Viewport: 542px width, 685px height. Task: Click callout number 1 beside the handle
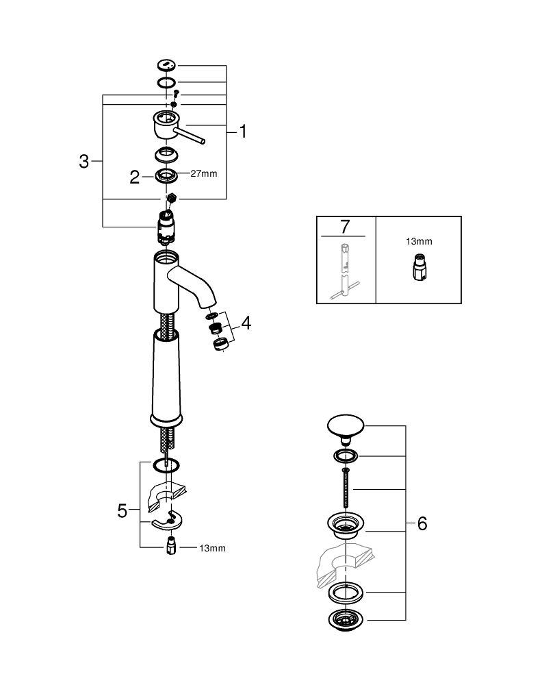242,132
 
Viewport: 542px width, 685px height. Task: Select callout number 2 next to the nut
135,177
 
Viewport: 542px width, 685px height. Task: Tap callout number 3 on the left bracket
83,162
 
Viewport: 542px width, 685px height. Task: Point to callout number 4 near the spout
246,323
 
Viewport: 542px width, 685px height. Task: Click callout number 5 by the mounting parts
122,511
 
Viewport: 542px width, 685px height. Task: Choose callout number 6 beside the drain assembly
422,524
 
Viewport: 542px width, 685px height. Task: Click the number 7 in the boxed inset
345,227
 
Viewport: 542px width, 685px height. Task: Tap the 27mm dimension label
203,174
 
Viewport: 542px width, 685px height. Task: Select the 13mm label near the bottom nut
212,548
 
